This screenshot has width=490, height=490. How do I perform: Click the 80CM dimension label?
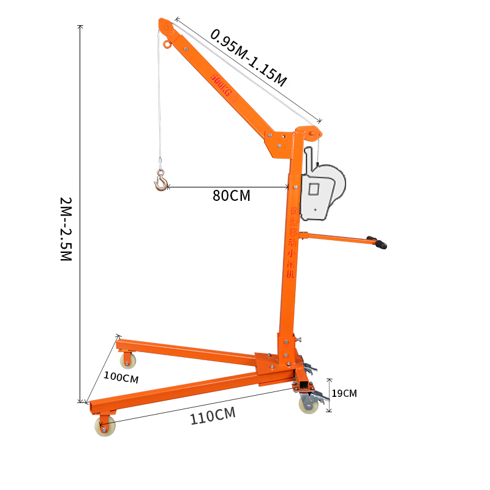tap(231, 196)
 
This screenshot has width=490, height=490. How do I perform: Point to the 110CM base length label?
tap(213, 417)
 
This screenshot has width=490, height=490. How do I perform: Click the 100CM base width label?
tap(121, 378)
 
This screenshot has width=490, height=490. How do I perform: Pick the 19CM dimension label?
tap(345, 393)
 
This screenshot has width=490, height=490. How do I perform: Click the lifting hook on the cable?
tap(161, 181)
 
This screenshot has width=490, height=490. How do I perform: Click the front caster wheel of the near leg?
tap(105, 426)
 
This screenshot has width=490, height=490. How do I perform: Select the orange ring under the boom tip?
tap(167, 44)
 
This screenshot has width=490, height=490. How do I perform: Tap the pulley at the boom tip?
tap(165, 26)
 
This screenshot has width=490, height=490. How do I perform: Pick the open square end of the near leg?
tap(92, 407)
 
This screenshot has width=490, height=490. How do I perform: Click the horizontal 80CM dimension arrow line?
tap(227, 186)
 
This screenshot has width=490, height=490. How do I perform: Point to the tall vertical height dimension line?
tap(80, 214)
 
